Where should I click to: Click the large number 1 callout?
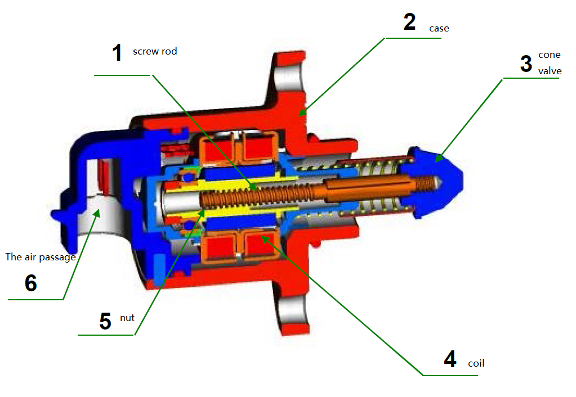point(117,53)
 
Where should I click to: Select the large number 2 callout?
point(409,22)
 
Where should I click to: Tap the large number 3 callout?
point(525,64)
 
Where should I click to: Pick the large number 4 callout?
point(449,359)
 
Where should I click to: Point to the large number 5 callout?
point(105,321)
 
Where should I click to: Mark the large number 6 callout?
point(31,283)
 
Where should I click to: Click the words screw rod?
point(155,51)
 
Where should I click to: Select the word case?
point(439,28)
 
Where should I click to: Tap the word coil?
point(476,363)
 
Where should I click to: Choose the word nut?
point(127,318)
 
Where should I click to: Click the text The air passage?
point(40,257)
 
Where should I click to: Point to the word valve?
point(550,71)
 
